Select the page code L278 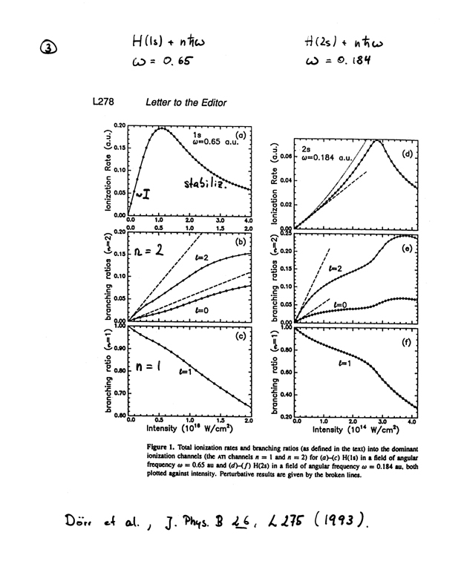point(104,102)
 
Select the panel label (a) point(240,134)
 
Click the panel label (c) point(239,342)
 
